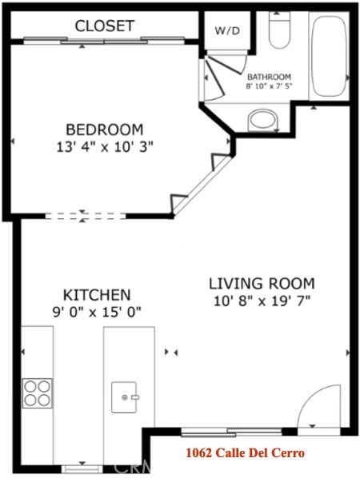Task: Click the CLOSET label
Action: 105,26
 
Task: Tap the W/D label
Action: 227,30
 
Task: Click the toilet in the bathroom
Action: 279,30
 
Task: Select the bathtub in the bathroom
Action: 329,56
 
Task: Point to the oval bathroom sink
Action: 263,120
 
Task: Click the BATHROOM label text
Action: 269,77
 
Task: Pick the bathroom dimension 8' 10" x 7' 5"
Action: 269,86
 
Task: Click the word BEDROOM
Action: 105,129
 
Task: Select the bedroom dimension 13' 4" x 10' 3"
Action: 105,147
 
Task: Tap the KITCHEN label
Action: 97,295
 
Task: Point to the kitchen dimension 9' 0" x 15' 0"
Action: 97,313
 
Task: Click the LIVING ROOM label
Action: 262,284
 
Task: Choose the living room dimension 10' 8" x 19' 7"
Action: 262,301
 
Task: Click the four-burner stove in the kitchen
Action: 38,393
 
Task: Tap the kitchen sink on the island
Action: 124,397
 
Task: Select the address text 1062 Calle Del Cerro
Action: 246,453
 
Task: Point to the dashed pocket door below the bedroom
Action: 85,216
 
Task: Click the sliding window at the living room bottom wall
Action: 231,432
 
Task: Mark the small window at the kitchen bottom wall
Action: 82,468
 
